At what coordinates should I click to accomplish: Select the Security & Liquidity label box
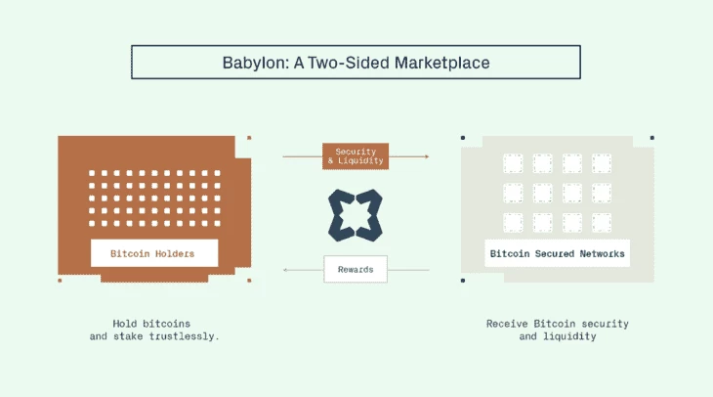[x=356, y=156]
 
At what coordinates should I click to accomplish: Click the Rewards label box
[x=356, y=269]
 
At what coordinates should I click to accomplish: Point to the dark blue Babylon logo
[x=356, y=215]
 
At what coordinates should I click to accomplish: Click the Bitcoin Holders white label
[x=154, y=253]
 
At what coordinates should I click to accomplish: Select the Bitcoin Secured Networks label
[x=557, y=253]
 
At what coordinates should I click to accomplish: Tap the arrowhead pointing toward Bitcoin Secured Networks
[x=427, y=156]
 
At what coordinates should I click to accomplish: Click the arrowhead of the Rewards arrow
[x=285, y=270]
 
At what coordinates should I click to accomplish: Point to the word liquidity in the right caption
[x=569, y=336]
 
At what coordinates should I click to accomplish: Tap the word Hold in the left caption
[x=125, y=324]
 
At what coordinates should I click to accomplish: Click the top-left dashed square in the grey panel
[x=513, y=163]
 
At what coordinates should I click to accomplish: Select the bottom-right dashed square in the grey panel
[x=602, y=223]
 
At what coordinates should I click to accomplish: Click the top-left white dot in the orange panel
[x=92, y=173]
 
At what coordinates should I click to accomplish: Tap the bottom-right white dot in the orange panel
[x=218, y=223]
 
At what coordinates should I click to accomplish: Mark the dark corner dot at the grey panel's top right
[x=652, y=138]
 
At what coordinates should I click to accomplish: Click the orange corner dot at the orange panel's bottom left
[x=60, y=281]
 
